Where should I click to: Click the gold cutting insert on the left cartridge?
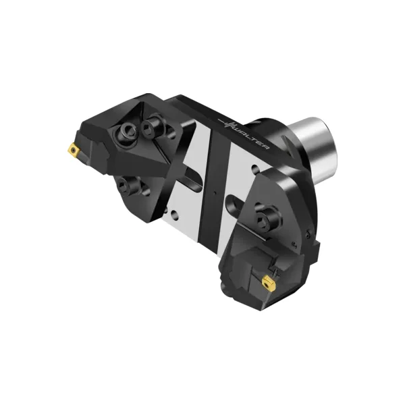point(74,149)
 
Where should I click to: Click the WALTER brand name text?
point(250,136)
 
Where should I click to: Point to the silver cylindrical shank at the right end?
point(317,148)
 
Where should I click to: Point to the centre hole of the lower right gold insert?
point(266,282)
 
